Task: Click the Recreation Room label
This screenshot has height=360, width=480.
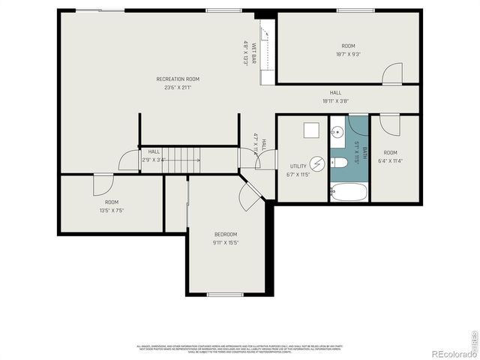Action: click(178, 79)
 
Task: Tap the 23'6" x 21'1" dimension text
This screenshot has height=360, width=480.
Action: click(178, 87)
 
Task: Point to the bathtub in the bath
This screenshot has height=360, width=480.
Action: click(349, 192)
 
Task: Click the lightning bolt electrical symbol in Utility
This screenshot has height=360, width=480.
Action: click(318, 162)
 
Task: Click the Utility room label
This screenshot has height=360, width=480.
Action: click(298, 166)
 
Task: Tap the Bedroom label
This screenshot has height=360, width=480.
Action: click(225, 234)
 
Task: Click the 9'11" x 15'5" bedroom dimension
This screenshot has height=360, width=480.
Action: click(225, 242)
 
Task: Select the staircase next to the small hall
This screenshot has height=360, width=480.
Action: click(183, 157)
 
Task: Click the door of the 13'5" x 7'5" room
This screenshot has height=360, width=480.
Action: click(102, 184)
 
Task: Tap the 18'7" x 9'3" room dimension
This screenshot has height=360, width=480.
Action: click(347, 54)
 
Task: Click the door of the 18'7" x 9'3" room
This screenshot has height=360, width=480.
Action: click(391, 73)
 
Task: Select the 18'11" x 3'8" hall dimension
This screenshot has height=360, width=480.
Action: click(335, 100)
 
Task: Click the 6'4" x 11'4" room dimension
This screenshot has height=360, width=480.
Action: click(391, 160)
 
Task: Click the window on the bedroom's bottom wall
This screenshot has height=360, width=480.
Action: click(225, 295)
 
